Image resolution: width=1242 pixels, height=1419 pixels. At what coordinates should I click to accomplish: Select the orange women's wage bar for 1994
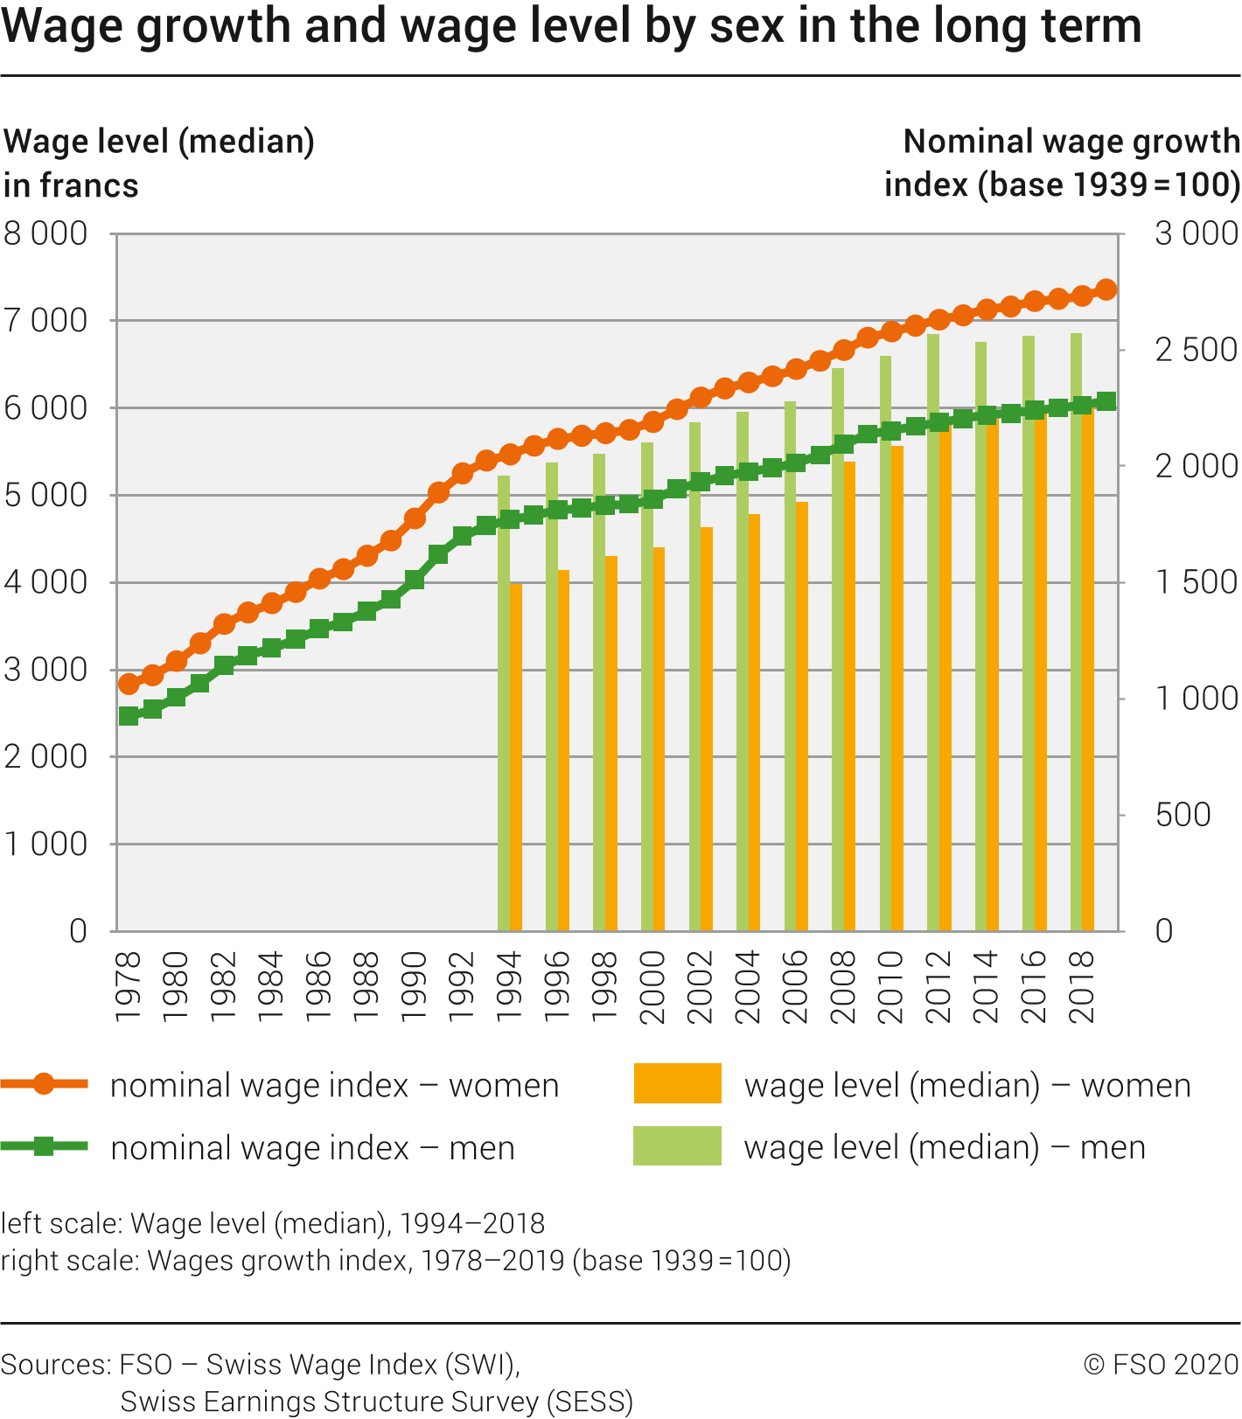click(516, 757)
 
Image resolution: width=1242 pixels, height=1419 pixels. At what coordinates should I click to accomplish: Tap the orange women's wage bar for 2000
click(659, 739)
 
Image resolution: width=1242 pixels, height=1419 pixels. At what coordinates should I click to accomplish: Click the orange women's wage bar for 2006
click(802, 717)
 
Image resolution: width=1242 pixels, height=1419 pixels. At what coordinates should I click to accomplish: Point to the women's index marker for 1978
click(129, 684)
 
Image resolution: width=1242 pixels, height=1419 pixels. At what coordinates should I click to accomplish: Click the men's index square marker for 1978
click(129, 716)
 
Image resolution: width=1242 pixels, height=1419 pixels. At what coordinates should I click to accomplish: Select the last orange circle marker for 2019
click(1106, 289)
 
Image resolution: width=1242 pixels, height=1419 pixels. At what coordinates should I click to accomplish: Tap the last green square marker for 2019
click(1106, 401)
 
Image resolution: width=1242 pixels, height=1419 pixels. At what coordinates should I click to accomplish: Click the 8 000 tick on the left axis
click(45, 234)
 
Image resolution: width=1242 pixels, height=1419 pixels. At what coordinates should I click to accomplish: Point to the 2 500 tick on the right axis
click(1196, 350)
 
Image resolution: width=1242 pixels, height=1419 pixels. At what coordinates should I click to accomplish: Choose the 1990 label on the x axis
click(414, 986)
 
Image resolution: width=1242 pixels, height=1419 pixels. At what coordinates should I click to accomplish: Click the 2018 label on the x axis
click(1082, 986)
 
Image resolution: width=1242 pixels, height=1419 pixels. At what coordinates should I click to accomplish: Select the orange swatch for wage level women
click(678, 1084)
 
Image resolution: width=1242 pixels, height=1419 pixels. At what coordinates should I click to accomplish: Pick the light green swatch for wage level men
click(678, 1146)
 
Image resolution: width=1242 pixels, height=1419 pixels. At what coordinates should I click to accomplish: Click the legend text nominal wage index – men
click(312, 1148)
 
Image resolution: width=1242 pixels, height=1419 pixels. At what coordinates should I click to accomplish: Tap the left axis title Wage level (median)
click(159, 142)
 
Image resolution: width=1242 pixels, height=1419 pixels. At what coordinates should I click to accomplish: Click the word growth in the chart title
click(225, 26)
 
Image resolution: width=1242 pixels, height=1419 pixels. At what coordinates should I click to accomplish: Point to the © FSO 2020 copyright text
click(1161, 1365)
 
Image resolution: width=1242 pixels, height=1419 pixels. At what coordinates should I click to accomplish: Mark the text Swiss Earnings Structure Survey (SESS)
click(376, 1402)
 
